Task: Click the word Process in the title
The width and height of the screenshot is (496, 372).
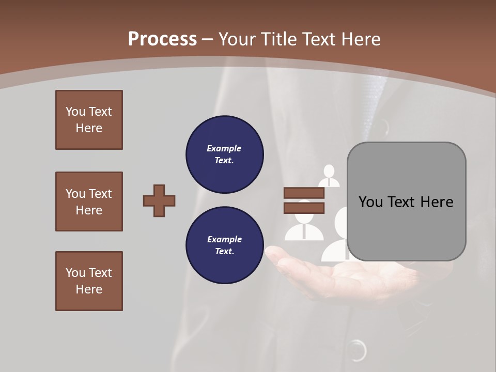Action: pos(162,39)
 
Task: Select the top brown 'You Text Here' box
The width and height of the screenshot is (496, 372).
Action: pos(89,120)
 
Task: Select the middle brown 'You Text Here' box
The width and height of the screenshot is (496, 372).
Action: pos(89,202)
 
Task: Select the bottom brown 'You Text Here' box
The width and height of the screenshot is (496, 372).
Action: pos(89,281)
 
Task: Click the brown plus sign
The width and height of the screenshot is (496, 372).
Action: pos(159,200)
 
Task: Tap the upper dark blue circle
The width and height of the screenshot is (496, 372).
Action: pos(224,154)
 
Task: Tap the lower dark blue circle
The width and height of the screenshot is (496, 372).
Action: pos(224,245)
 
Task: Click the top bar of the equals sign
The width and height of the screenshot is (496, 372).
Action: pos(304,193)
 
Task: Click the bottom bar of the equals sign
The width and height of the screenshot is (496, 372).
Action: pos(304,208)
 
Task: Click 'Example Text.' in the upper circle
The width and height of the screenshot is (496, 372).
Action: pos(224,154)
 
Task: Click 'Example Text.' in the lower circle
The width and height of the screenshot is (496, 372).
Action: pos(224,245)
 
